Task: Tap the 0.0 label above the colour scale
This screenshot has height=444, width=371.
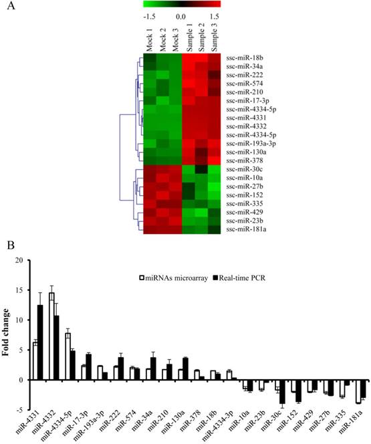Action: point(181,13)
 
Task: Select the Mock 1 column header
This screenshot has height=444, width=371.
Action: point(149,41)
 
